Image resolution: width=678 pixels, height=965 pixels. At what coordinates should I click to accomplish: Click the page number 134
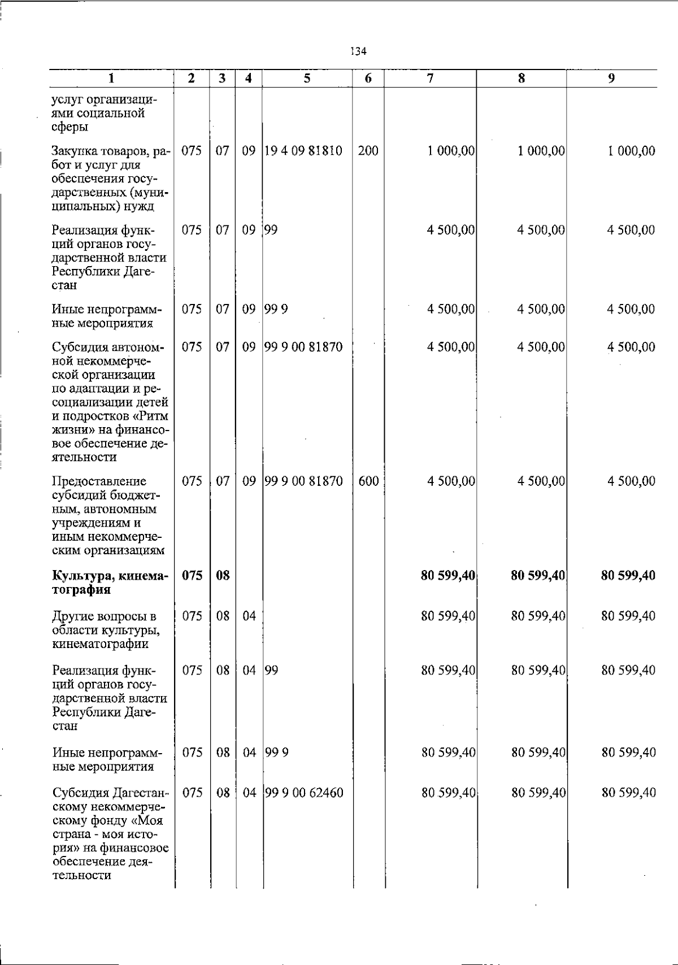[x=359, y=51]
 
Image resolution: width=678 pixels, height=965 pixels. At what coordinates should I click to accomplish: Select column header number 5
[x=307, y=79]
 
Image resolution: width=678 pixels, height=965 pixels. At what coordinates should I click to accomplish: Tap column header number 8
[x=521, y=79]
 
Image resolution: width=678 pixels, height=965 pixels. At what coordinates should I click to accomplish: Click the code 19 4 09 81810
[x=303, y=151]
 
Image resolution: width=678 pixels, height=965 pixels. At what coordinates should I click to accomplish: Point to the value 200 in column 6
[x=368, y=151]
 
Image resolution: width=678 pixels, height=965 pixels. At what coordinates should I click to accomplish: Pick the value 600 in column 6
[x=368, y=481]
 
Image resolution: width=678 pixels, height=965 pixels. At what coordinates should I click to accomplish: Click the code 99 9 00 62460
[x=304, y=793]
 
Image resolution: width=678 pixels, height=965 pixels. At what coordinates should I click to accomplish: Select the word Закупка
[x=73, y=151]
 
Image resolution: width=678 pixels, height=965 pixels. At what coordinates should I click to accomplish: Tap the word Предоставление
[x=99, y=481]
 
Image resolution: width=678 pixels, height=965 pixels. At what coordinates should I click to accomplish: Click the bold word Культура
[x=79, y=576]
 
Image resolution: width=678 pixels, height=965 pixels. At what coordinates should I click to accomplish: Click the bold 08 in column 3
[x=223, y=576]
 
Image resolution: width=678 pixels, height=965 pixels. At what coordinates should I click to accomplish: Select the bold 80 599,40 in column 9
[x=628, y=576]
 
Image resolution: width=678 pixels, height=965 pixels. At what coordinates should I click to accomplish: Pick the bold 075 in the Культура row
[x=192, y=576]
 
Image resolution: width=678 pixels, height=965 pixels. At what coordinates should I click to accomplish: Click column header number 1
[x=111, y=79]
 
